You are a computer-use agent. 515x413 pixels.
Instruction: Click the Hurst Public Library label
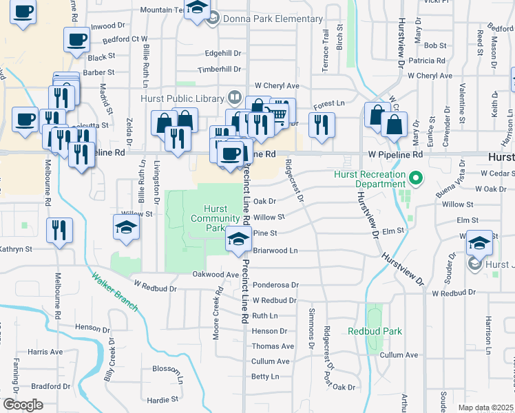click(182, 98)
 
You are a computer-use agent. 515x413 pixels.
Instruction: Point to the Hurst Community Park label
click(216, 218)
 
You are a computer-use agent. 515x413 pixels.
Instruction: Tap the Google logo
click(23, 404)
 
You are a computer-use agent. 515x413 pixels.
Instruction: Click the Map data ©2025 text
click(485, 407)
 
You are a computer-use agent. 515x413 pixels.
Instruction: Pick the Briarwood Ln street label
click(275, 251)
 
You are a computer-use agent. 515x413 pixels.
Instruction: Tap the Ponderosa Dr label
click(275, 284)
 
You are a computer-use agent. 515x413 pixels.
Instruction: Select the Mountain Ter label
click(162, 10)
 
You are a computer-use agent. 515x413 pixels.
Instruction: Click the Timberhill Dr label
click(220, 70)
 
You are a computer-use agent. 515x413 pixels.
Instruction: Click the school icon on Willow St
click(127, 228)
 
